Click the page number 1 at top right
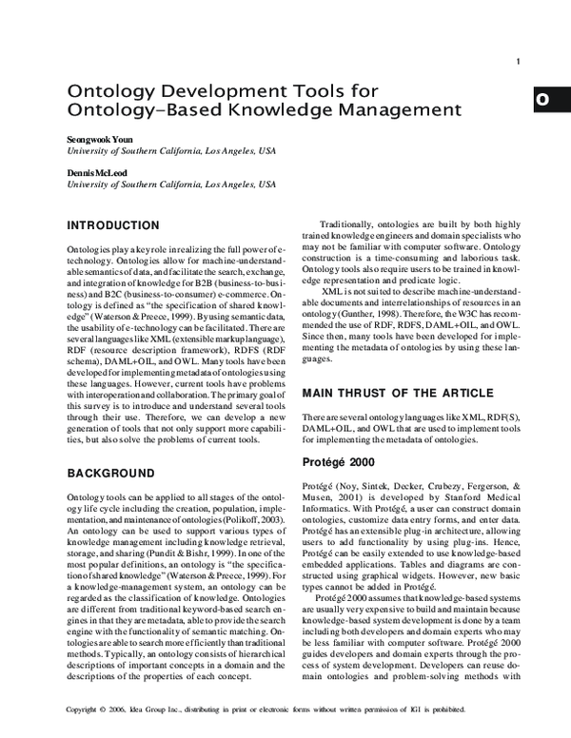(518, 63)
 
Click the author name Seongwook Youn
(101, 139)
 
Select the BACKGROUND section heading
(110, 473)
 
